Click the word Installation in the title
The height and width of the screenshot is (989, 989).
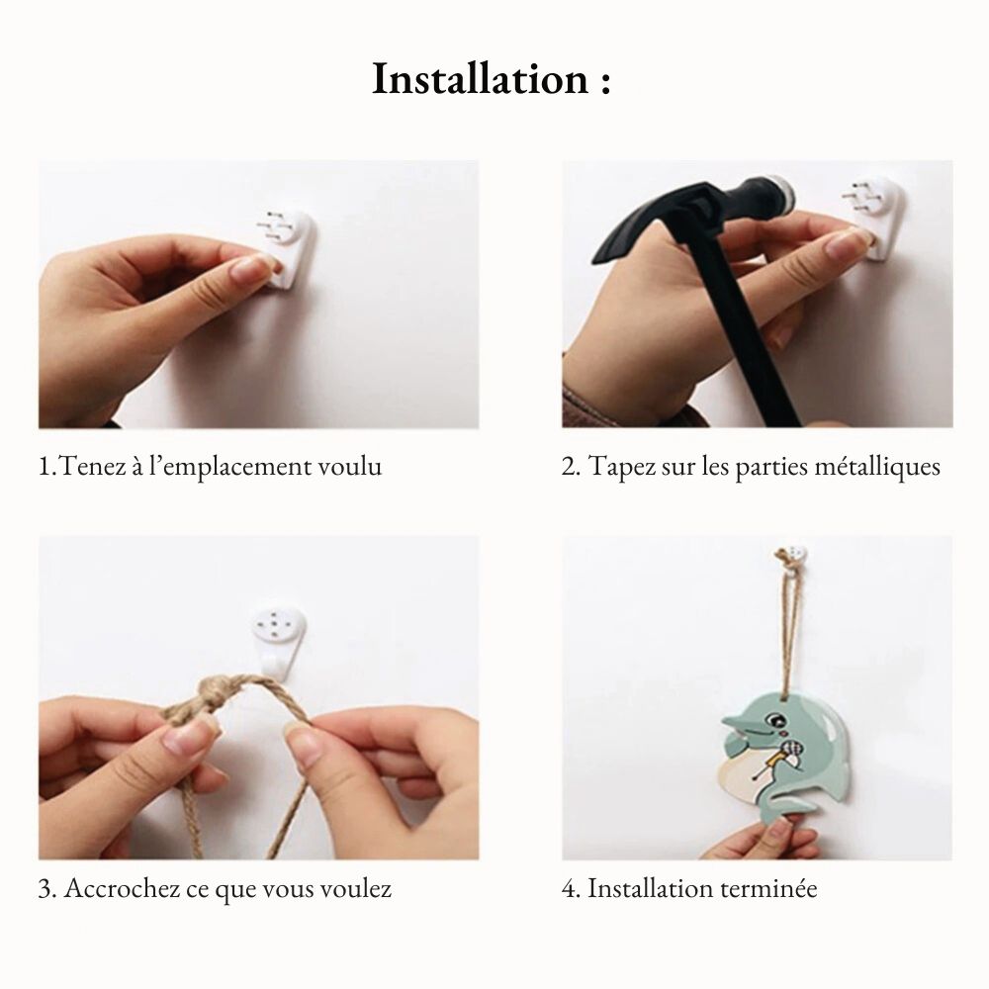[x=481, y=79]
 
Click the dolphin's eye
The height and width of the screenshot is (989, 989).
[x=773, y=720]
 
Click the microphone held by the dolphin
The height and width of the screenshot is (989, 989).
[x=790, y=751]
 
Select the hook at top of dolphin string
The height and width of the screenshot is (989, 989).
[x=791, y=559]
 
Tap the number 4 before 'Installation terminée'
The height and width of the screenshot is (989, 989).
[x=569, y=888]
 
